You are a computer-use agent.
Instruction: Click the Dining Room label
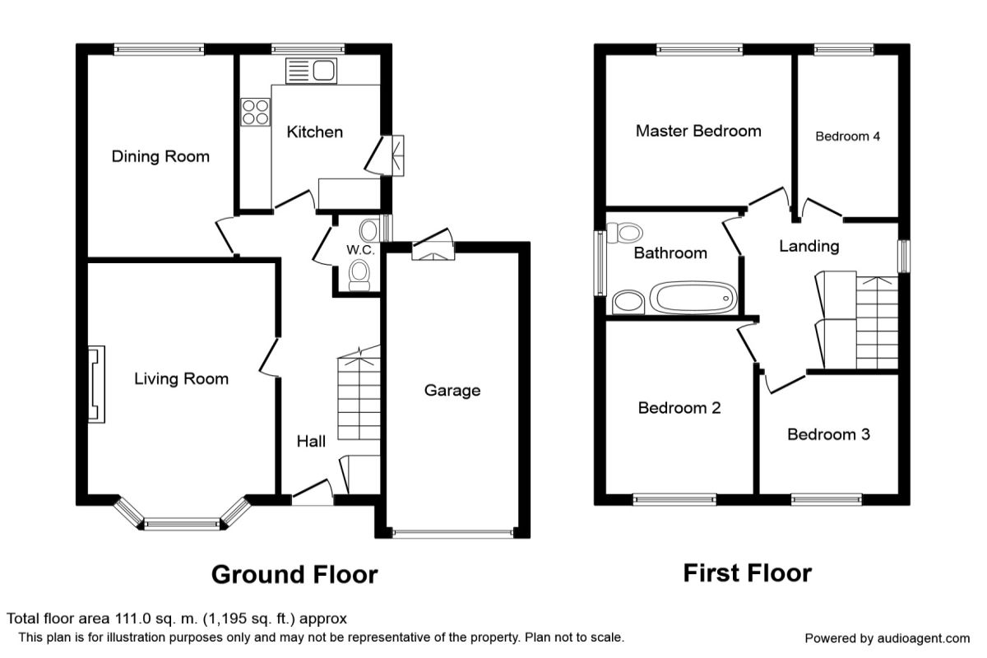pyautogui.click(x=160, y=156)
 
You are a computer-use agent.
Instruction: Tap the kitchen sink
pyautogui.click(x=311, y=71)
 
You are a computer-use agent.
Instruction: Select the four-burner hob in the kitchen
pyautogui.click(x=255, y=112)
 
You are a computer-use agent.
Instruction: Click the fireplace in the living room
pyautogui.click(x=96, y=384)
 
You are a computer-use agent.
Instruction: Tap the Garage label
pyautogui.click(x=452, y=391)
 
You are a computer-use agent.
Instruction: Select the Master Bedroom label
pyautogui.click(x=698, y=131)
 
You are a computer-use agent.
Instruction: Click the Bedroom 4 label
pyautogui.click(x=847, y=137)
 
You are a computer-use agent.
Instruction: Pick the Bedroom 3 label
pyautogui.click(x=828, y=434)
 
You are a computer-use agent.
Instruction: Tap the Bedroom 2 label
pyautogui.click(x=679, y=408)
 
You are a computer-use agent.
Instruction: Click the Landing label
pyautogui.click(x=809, y=246)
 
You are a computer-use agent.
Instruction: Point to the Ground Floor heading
pyautogui.click(x=294, y=574)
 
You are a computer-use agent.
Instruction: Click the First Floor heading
pyautogui.click(x=747, y=572)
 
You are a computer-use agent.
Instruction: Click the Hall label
pyautogui.click(x=311, y=442)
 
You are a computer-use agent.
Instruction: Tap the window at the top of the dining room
pyautogui.click(x=159, y=49)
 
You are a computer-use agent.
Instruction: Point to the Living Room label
pyautogui.click(x=181, y=379)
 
